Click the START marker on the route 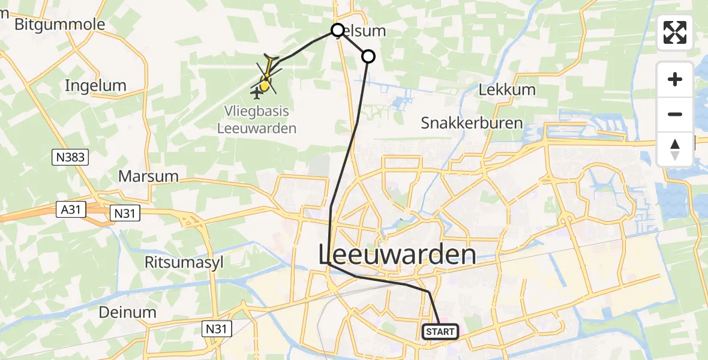tap(441, 331)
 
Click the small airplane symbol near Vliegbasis tap(258, 93)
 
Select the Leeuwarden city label tap(397, 254)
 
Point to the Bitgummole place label tap(59, 25)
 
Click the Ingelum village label tap(95, 86)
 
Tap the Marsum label tap(148, 176)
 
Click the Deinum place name tap(128, 312)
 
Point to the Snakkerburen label tap(472, 124)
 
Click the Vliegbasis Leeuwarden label tap(257, 119)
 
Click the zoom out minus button tap(675, 114)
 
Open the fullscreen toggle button tap(675, 32)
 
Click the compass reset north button tap(675, 149)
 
